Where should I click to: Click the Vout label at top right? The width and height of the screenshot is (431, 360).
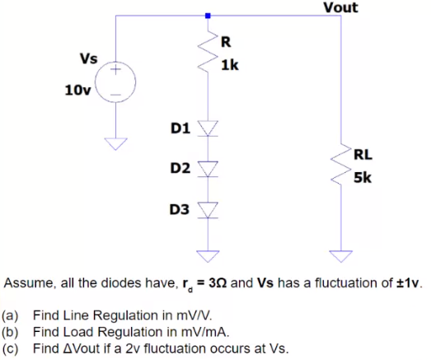coord(340,7)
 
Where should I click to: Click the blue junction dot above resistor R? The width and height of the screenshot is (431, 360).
coord(208,15)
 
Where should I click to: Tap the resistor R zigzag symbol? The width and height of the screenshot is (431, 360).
coord(208,52)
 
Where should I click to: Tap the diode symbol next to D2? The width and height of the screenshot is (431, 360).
coord(208,169)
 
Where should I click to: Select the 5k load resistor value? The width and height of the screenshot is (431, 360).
coord(363,177)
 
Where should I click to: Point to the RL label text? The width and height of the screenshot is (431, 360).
coord(363,153)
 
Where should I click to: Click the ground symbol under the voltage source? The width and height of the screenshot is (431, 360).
coord(116,145)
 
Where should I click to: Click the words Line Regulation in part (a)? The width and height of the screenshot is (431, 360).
coord(94,315)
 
